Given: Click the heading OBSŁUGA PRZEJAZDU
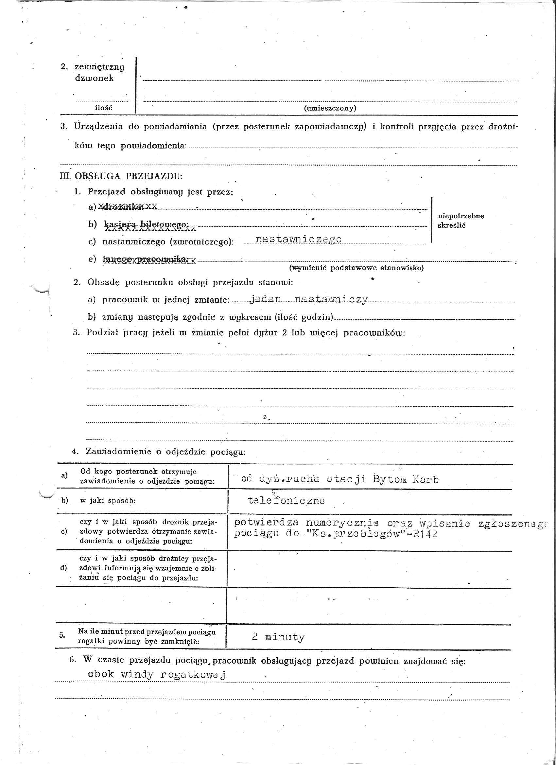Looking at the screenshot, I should pyautogui.click(x=128, y=176).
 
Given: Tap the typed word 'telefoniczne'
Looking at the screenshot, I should pyautogui.click(x=286, y=500).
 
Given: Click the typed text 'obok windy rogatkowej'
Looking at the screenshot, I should pyautogui.click(x=156, y=675).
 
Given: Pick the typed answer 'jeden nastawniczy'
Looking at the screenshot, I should pyautogui.click(x=308, y=299).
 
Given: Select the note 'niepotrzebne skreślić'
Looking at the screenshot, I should pyautogui.click(x=460, y=220).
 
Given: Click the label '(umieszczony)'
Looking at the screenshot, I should pyautogui.click(x=330, y=108).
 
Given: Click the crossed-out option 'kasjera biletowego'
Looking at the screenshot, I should pyautogui.click(x=146, y=225).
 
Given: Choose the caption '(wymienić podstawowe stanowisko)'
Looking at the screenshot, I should pyautogui.click(x=356, y=268).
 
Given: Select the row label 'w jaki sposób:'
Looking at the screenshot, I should pyautogui.click(x=108, y=501).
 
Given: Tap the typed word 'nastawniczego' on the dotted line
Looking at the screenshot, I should pyautogui.click(x=298, y=239).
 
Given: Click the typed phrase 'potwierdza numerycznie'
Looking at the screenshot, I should pyautogui.click(x=306, y=523).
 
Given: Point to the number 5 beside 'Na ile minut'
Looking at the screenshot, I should pyautogui.click(x=62, y=635).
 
